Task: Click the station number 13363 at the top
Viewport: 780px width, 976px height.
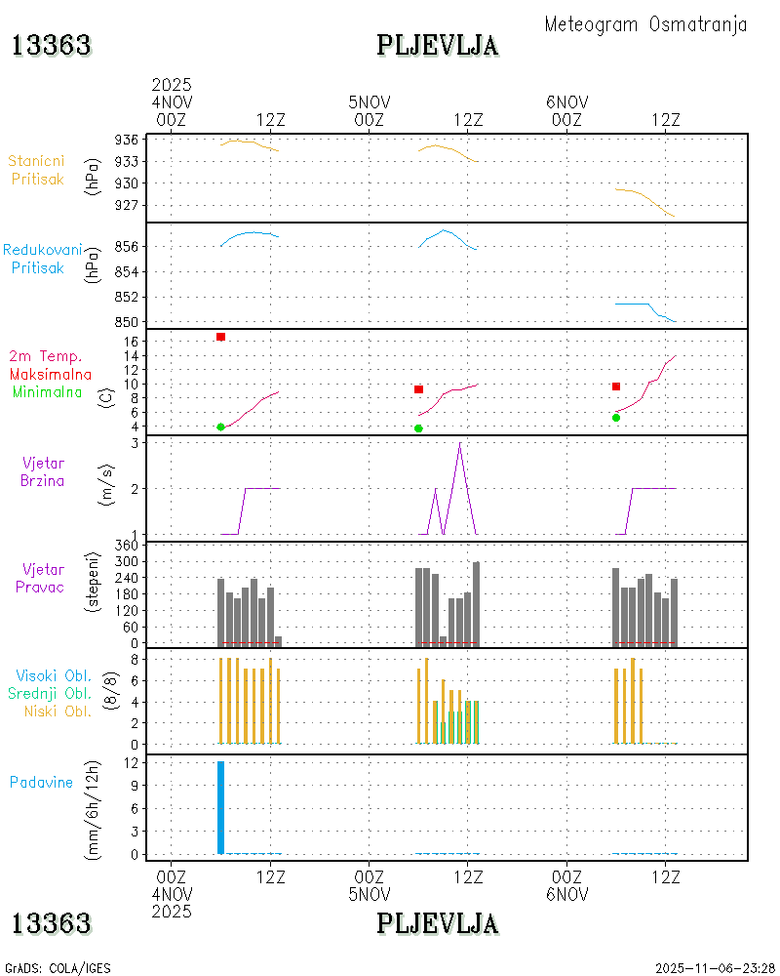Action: [52, 45]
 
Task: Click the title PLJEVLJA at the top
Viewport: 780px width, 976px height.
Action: [438, 45]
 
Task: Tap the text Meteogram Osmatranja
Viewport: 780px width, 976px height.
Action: [645, 24]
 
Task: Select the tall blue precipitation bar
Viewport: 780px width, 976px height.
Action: [221, 807]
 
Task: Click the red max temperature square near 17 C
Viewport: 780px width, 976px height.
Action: [221, 337]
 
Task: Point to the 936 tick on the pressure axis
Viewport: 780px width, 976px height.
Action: [127, 140]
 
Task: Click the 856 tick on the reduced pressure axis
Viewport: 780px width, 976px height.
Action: [127, 246]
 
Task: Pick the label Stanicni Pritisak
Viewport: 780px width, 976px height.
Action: [37, 170]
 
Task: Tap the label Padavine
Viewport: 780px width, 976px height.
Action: [41, 782]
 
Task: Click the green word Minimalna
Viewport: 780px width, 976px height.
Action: [48, 392]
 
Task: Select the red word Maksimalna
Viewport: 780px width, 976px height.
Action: [51, 374]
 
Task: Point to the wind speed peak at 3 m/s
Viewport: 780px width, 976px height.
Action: [460, 444]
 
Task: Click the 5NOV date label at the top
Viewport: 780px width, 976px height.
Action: [369, 102]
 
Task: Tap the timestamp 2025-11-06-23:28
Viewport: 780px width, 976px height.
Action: [715, 968]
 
